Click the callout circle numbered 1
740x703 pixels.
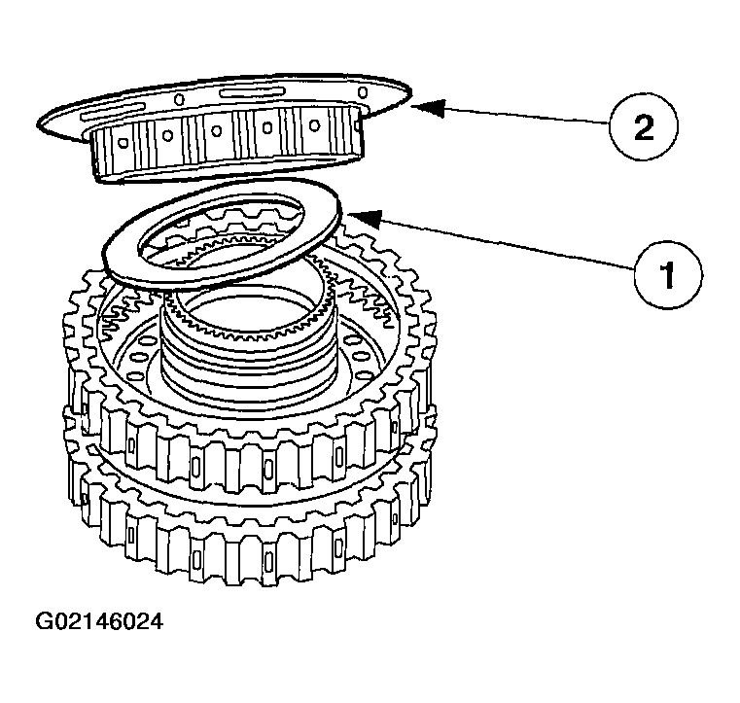point(667,275)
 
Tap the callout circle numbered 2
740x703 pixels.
point(643,127)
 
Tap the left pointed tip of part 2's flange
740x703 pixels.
point(42,123)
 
